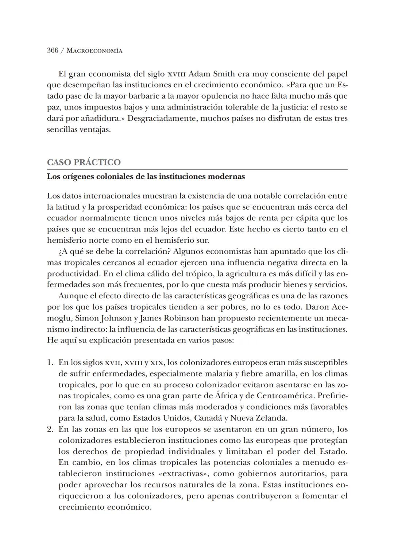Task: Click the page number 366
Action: tap(53, 50)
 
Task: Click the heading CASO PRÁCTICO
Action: tap(84, 162)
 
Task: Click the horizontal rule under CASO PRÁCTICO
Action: tap(197, 170)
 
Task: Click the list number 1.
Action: tap(50, 363)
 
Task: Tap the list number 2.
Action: tap(50, 429)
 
